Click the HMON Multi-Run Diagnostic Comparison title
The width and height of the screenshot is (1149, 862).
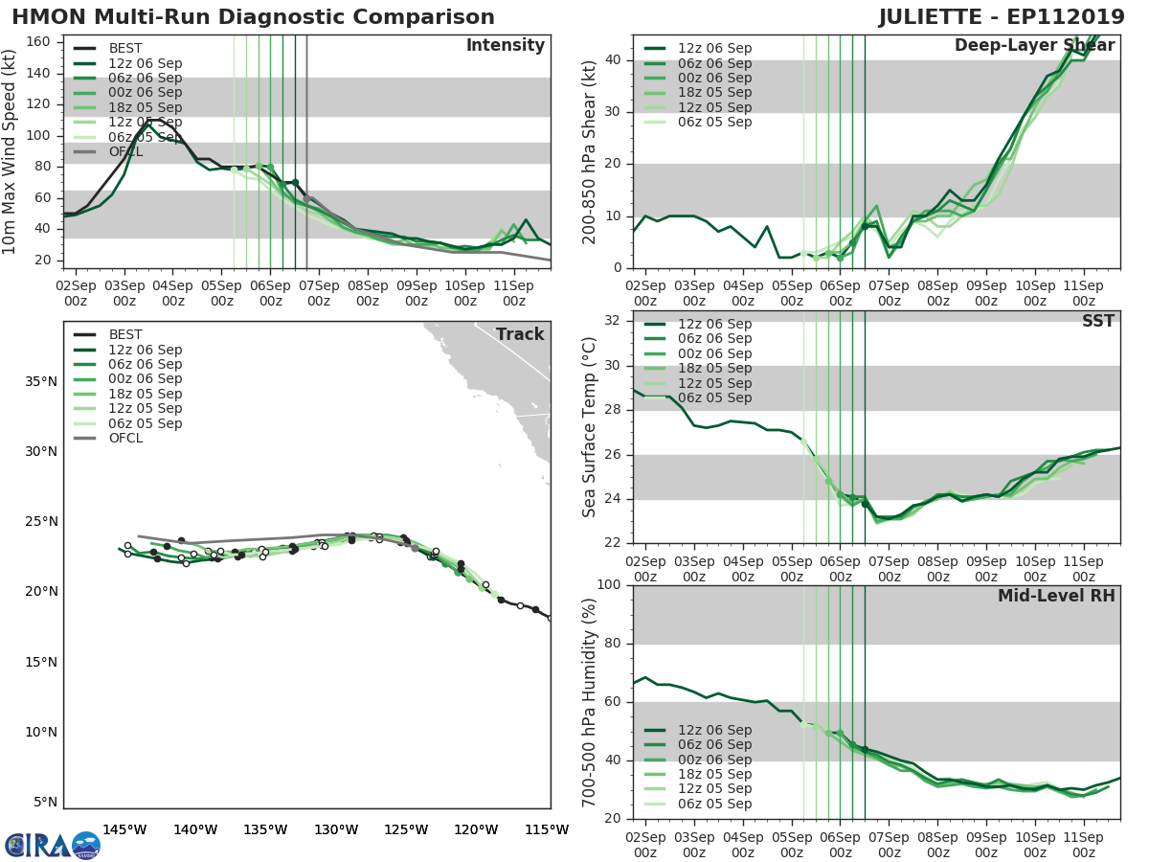point(253,17)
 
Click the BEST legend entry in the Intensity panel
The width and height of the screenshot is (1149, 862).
point(124,48)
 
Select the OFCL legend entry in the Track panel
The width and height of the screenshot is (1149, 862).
point(124,438)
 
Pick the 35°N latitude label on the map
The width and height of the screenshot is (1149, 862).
point(41,381)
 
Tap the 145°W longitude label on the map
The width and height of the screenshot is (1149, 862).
point(124,829)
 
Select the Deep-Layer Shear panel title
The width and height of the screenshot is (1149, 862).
point(1034,46)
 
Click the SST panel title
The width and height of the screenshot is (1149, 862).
point(1097,322)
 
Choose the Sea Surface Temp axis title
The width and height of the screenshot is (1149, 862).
point(590,427)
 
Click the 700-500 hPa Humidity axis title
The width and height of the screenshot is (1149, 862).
point(590,701)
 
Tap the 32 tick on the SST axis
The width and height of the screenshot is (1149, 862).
point(613,320)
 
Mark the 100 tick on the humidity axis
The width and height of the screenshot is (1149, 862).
point(609,585)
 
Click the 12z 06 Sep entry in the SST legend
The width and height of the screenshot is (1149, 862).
point(714,325)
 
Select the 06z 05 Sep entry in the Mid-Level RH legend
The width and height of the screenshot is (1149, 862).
point(714,804)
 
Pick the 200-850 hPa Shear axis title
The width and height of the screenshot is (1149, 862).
point(590,151)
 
